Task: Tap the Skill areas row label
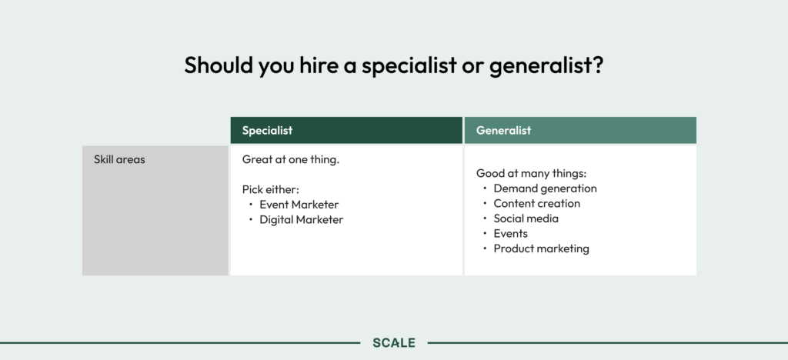(119, 160)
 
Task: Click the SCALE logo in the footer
(394, 343)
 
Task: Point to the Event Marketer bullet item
(299, 205)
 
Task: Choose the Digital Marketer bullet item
(302, 219)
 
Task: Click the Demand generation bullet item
(546, 188)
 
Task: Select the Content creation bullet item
(536, 203)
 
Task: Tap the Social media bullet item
(526, 218)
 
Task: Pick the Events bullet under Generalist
(511, 234)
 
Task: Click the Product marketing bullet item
(541, 248)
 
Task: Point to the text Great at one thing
(291, 160)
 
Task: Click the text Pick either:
(271, 189)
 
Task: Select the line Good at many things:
(531, 174)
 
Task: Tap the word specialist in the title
(409, 66)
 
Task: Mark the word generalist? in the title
(546, 66)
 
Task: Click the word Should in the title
(219, 65)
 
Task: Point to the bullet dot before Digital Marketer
(251, 219)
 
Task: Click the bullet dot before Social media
(485, 218)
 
